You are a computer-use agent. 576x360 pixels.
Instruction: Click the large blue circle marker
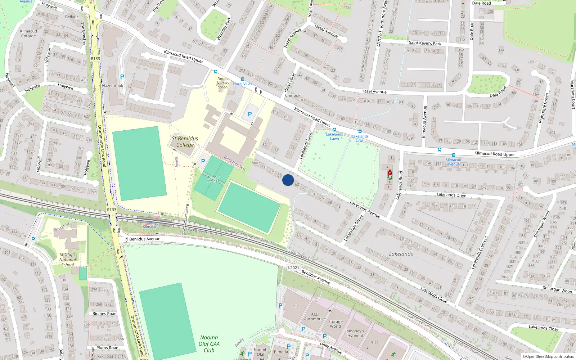click(x=288, y=180)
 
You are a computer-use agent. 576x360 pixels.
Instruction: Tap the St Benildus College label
click(x=185, y=141)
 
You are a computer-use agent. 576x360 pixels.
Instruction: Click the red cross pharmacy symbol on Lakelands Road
click(x=390, y=173)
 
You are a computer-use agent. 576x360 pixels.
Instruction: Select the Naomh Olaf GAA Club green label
click(x=209, y=344)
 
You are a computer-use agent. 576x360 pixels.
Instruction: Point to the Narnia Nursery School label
click(x=223, y=83)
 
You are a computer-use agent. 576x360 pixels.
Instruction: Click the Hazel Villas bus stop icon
click(x=243, y=79)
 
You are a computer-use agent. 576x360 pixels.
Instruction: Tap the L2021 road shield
click(x=293, y=267)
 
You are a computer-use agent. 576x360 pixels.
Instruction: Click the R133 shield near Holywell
click(x=95, y=58)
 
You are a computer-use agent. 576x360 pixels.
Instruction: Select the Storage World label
click(x=335, y=324)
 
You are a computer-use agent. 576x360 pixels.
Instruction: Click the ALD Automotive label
click(x=315, y=316)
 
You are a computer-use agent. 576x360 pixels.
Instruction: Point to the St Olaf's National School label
click(x=67, y=260)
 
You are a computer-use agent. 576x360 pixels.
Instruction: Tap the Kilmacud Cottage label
click(x=28, y=33)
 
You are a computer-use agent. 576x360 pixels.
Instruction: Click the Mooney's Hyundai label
click(x=355, y=333)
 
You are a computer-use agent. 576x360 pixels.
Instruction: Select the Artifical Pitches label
click(x=213, y=179)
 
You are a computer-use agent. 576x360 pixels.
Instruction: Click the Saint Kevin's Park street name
click(x=425, y=43)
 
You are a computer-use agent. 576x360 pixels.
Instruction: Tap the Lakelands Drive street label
click(x=451, y=195)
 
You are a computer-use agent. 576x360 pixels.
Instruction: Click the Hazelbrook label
click(x=112, y=86)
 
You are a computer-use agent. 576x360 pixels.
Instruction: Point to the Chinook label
click(x=293, y=95)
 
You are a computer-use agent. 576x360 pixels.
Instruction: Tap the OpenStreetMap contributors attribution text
click(x=548, y=357)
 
